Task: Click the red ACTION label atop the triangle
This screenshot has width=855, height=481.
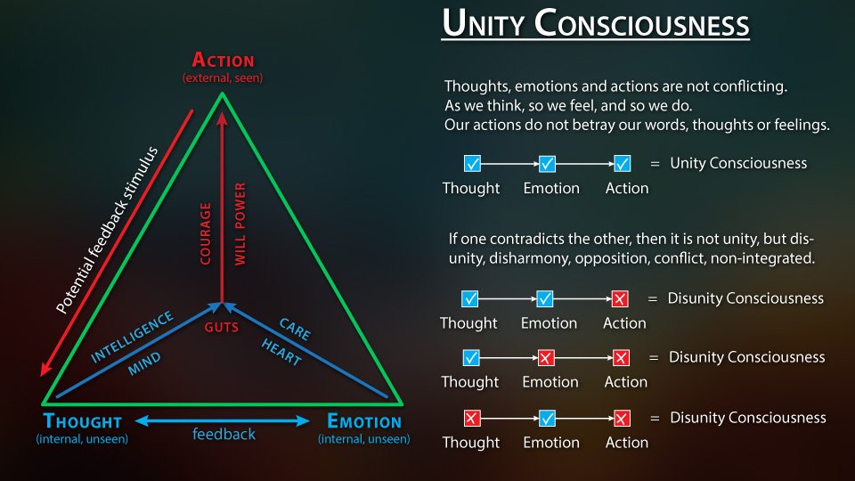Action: click(223, 61)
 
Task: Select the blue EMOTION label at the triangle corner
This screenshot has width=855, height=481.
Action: click(363, 421)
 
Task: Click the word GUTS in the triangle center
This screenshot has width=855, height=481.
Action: click(222, 328)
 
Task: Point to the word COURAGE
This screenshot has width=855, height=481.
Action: click(206, 233)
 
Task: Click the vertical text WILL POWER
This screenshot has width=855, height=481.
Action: click(240, 224)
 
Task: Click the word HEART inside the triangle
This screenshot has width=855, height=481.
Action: click(282, 353)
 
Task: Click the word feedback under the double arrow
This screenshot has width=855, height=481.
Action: click(224, 435)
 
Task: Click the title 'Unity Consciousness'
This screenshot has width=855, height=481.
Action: click(596, 25)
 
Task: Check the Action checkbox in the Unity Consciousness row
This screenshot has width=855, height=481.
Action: click(623, 164)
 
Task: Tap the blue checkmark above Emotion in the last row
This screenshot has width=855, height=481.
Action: click(547, 418)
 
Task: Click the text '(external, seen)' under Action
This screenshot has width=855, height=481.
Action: click(223, 78)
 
